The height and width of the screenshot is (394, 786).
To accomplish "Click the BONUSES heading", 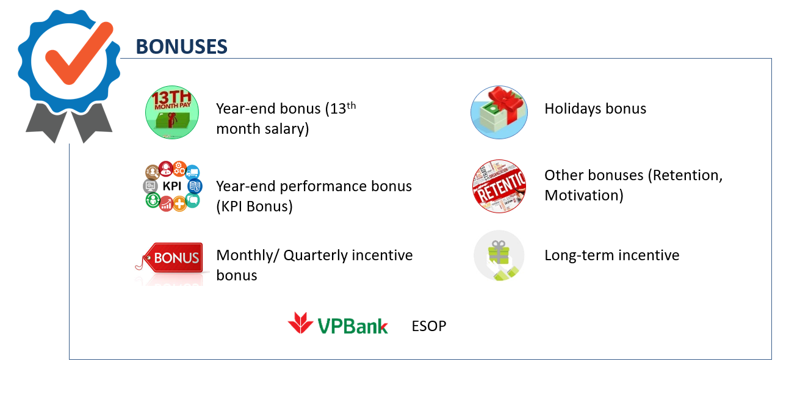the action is (x=181, y=46).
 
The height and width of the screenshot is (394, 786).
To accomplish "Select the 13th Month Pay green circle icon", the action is (x=172, y=112).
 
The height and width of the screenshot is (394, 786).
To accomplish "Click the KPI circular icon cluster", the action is (x=172, y=186).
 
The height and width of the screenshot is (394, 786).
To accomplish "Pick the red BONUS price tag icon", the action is (x=170, y=259).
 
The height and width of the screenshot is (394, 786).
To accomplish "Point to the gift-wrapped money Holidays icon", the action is (x=499, y=112).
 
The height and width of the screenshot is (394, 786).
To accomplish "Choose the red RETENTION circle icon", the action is (x=499, y=186).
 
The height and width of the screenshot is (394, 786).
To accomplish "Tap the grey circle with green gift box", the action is (x=499, y=255).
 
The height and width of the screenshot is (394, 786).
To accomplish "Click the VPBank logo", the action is (x=337, y=323).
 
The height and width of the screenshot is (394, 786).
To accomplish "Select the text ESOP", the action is (x=429, y=326).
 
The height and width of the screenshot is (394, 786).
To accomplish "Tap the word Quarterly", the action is (x=315, y=256).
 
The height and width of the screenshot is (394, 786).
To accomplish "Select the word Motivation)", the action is (x=584, y=195).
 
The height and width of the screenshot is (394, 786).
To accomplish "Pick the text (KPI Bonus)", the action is (x=254, y=206).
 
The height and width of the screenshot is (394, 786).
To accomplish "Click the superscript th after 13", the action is (x=352, y=105).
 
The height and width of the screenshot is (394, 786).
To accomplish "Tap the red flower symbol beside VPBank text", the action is (x=300, y=323).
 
